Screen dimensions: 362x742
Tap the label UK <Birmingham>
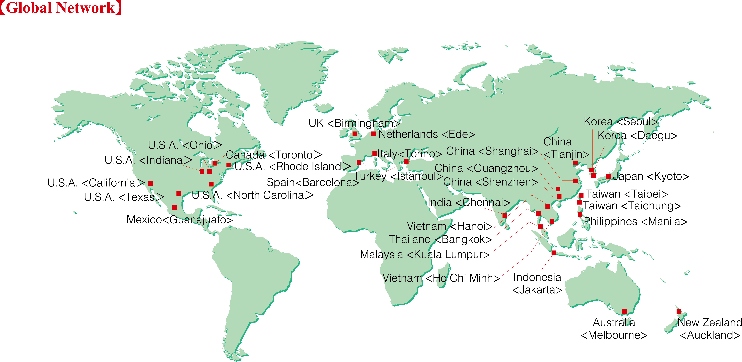pyautogui.click(x=354, y=123)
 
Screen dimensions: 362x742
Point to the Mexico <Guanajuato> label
pyautogui.click(x=179, y=220)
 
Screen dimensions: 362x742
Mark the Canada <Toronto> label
pyautogui.click(x=274, y=155)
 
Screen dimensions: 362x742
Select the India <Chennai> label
pyautogui.click(x=469, y=202)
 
